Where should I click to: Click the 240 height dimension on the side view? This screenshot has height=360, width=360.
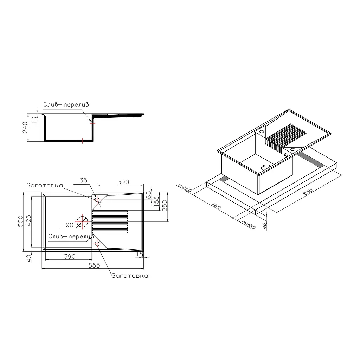[25, 127]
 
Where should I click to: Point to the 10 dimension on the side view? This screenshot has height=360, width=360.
[34, 120]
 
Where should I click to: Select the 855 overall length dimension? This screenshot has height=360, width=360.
[94, 265]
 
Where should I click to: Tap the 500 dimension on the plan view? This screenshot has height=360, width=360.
[21, 221]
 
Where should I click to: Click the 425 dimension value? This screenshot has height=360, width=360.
[29, 220]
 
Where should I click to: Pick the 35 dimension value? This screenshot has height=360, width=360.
[83, 180]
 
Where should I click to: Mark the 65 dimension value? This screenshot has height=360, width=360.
[149, 195]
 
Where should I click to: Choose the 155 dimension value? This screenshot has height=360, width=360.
[156, 201]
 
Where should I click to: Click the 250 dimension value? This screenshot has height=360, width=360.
[165, 205]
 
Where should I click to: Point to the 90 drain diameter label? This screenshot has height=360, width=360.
[70, 225]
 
